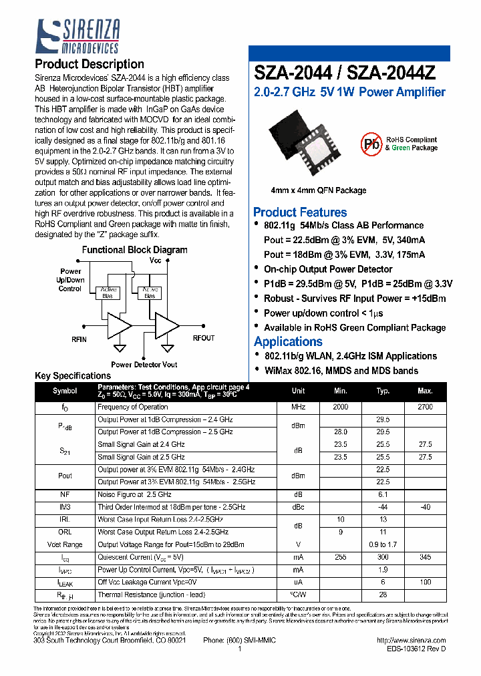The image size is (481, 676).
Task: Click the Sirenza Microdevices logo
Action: point(77,36)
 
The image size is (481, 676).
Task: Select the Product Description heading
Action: point(89,64)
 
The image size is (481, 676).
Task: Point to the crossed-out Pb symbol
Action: point(371,144)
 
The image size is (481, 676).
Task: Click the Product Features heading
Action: point(300,212)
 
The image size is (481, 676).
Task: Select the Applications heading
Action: point(288,341)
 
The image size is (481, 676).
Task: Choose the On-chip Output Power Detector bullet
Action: point(327,269)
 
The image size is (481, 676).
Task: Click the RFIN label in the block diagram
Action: point(79,339)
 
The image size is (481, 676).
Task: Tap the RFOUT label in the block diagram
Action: point(204,338)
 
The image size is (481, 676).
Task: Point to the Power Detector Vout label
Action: point(144,365)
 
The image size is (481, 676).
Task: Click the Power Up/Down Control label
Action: point(70,280)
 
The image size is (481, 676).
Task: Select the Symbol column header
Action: point(65,391)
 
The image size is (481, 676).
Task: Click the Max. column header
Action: point(424,391)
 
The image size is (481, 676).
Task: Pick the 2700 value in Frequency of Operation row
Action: point(424,407)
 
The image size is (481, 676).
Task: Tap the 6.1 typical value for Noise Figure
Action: point(383,494)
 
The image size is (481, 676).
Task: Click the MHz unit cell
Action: point(298,407)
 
